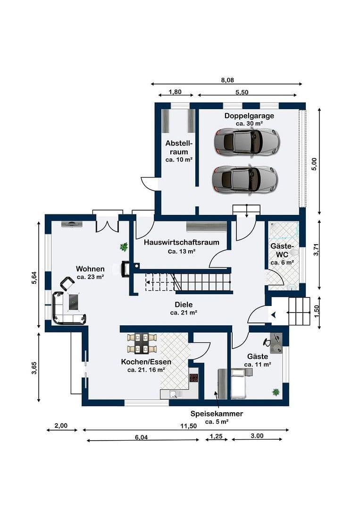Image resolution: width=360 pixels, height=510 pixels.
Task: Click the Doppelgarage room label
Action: pyautogui.click(x=249, y=116)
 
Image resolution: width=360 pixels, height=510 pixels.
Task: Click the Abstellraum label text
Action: pyautogui.click(x=179, y=147)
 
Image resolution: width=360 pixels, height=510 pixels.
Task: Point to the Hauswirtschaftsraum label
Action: pyautogui.click(x=182, y=243)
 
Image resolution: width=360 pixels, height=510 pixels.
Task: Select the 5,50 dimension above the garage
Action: pyautogui.click(x=242, y=92)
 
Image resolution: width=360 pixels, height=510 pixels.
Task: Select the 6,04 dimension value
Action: pyautogui.click(x=142, y=437)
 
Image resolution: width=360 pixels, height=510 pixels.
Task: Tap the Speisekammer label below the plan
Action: pyautogui.click(x=217, y=414)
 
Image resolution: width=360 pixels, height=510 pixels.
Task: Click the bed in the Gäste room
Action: pyautogui.click(x=239, y=383)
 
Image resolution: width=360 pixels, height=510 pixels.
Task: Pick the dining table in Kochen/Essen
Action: pyautogui.click(x=142, y=343)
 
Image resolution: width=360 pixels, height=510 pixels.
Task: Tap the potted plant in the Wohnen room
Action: pyautogui.click(x=124, y=246)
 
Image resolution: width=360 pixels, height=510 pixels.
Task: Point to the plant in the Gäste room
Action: pyautogui.click(x=275, y=391)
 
